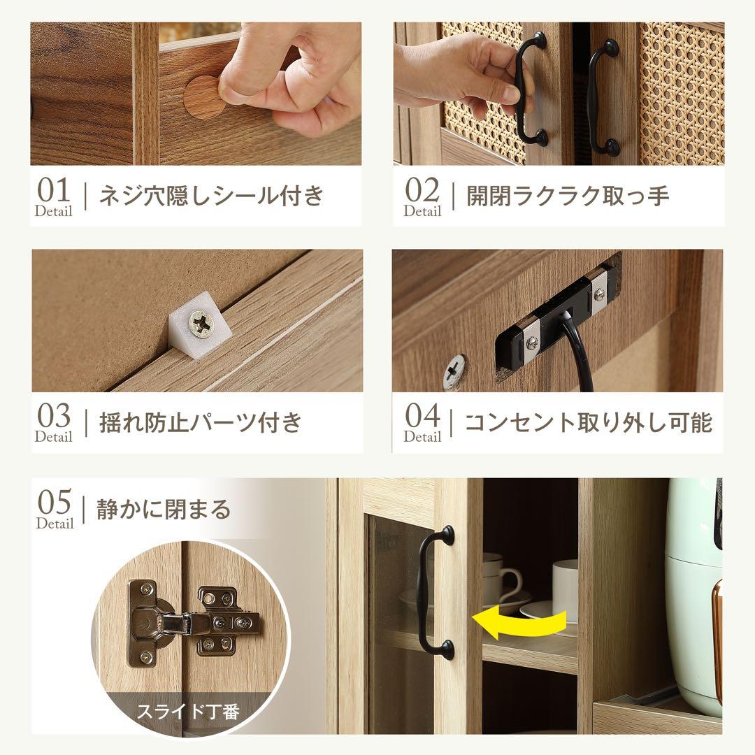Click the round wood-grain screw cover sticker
tap(203, 97)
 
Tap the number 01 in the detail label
tap(53, 190)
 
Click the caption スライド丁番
tap(188, 711)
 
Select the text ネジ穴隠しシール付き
tap(211, 196)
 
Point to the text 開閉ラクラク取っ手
tap(568, 196)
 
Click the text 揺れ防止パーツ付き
tap(201, 422)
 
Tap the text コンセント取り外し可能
tap(588, 422)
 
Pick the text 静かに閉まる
tap(164, 509)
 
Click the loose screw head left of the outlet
tap(454, 371)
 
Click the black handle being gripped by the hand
tap(530, 89)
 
